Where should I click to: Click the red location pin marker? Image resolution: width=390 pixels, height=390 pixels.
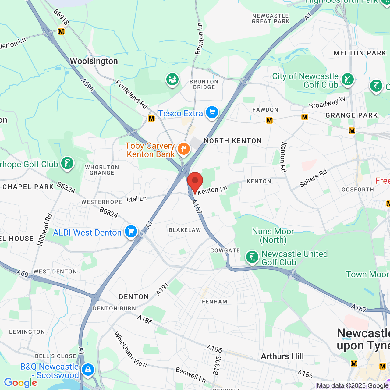[195, 182]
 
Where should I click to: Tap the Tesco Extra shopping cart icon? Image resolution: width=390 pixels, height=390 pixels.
[212, 113]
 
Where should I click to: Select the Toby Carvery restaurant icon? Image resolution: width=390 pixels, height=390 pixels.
[183, 149]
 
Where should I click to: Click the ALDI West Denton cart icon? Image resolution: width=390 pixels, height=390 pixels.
[131, 232]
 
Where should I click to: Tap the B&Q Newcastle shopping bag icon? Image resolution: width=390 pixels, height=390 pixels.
[88, 370]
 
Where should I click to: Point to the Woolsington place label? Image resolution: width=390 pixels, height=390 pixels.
[94, 61]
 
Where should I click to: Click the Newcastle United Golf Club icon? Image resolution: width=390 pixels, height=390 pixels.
[252, 257]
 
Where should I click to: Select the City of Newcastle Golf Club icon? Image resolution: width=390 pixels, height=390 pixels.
[348, 80]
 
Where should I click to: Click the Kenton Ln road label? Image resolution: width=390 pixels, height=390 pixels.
[212, 190]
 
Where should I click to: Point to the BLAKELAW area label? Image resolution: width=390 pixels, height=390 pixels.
[185, 230]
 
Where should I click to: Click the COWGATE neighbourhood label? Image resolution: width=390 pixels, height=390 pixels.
[225, 250]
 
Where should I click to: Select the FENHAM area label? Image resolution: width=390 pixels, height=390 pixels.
[214, 302]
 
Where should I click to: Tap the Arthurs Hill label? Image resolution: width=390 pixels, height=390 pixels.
[282, 356]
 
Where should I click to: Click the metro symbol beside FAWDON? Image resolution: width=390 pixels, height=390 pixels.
[269, 120]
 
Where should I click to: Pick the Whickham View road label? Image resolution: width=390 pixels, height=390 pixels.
[130, 349]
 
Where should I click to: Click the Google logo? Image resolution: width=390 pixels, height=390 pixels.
[20, 383]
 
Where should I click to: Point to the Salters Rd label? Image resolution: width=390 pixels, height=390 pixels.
[313, 178]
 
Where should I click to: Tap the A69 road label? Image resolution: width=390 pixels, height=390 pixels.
[23, 273]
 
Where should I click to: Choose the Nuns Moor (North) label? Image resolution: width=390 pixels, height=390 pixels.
[273, 236]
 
